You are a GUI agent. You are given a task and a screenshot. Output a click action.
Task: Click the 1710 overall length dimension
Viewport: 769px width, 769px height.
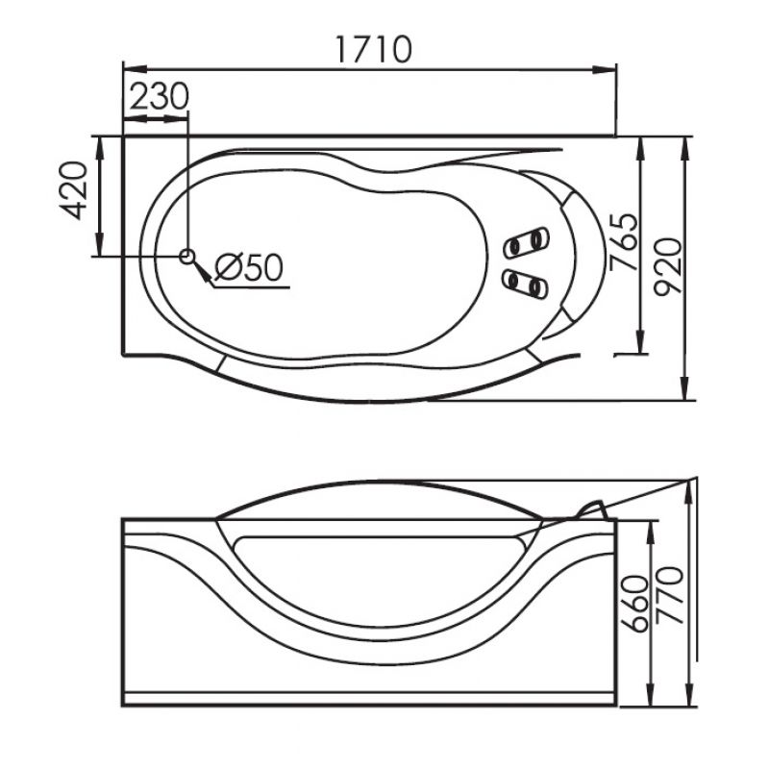374,49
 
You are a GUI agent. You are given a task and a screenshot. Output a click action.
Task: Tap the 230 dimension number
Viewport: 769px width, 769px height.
160,96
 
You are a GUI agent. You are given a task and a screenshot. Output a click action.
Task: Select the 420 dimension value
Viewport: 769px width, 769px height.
74,189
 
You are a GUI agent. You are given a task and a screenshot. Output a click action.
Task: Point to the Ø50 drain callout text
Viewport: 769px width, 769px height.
249,267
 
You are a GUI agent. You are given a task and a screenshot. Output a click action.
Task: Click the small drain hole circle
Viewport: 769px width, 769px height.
186,256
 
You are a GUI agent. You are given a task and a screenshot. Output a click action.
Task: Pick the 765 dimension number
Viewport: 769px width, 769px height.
623,242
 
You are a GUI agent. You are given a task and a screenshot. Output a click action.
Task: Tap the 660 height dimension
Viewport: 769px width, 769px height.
634,604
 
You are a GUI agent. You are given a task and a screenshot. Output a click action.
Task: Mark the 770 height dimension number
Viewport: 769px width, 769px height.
669,595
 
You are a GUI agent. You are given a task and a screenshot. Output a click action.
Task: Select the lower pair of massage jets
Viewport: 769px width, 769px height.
525,284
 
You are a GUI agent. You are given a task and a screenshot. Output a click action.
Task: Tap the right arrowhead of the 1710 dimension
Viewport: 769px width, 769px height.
604,69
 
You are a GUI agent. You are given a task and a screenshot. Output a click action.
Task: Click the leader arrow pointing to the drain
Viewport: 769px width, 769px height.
202,271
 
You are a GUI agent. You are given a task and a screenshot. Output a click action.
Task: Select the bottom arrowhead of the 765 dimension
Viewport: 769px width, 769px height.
639,341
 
